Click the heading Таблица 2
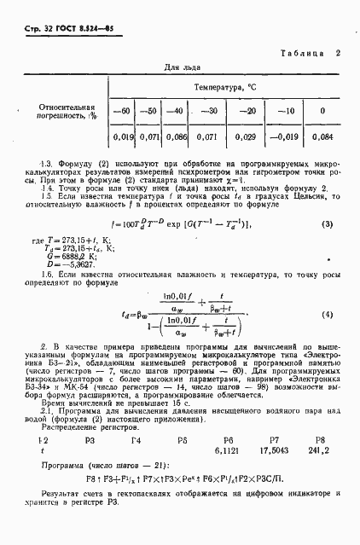pyautogui.click(x=311, y=53)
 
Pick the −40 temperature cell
pyautogui.click(x=174, y=111)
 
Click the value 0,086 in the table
pyautogui.click(x=174, y=136)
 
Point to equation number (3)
pyautogui.click(x=326, y=224)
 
